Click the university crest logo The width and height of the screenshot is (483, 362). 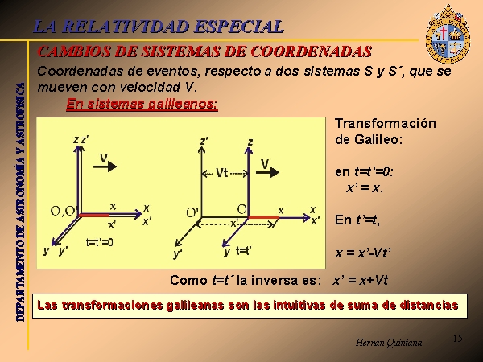coord(448,34)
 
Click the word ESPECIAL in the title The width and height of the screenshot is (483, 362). coord(239,27)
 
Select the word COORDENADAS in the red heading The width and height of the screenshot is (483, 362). coord(312,51)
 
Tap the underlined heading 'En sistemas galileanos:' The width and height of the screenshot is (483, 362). coord(142,104)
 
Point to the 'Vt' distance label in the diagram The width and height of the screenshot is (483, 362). coord(222,173)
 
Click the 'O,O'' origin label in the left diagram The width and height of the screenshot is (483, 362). coord(63,211)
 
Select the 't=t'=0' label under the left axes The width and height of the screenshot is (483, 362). coord(100,243)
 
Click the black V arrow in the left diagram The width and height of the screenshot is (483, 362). coord(105,167)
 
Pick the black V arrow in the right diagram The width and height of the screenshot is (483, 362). coord(268,172)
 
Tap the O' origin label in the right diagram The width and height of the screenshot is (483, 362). coord(193,212)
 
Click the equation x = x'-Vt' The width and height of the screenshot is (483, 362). coord(363,253)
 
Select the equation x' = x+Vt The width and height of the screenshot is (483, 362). coord(360,281)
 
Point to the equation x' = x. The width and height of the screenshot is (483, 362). coord(365,187)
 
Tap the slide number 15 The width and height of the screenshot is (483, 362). coord(458,339)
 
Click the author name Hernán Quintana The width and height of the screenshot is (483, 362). coord(389,343)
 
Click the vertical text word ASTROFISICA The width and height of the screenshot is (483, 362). coord(21,113)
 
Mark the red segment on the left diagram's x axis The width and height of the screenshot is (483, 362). coord(94,215)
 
